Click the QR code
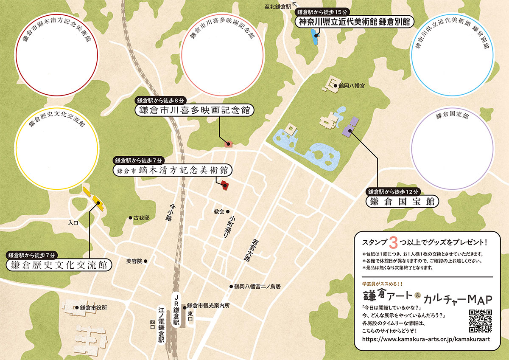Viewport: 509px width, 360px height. (481, 321)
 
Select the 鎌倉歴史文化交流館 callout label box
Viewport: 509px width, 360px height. (60, 265)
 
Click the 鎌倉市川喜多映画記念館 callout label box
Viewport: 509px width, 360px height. (194, 110)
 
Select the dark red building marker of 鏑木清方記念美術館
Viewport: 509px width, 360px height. (224, 185)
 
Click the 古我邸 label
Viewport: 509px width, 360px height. (141, 218)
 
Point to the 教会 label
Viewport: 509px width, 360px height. (219, 211)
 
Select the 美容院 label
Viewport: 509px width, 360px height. (134, 261)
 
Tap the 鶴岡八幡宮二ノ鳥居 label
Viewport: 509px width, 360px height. (257, 287)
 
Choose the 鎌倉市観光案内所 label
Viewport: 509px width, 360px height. (208, 306)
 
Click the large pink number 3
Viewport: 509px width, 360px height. (393, 242)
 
